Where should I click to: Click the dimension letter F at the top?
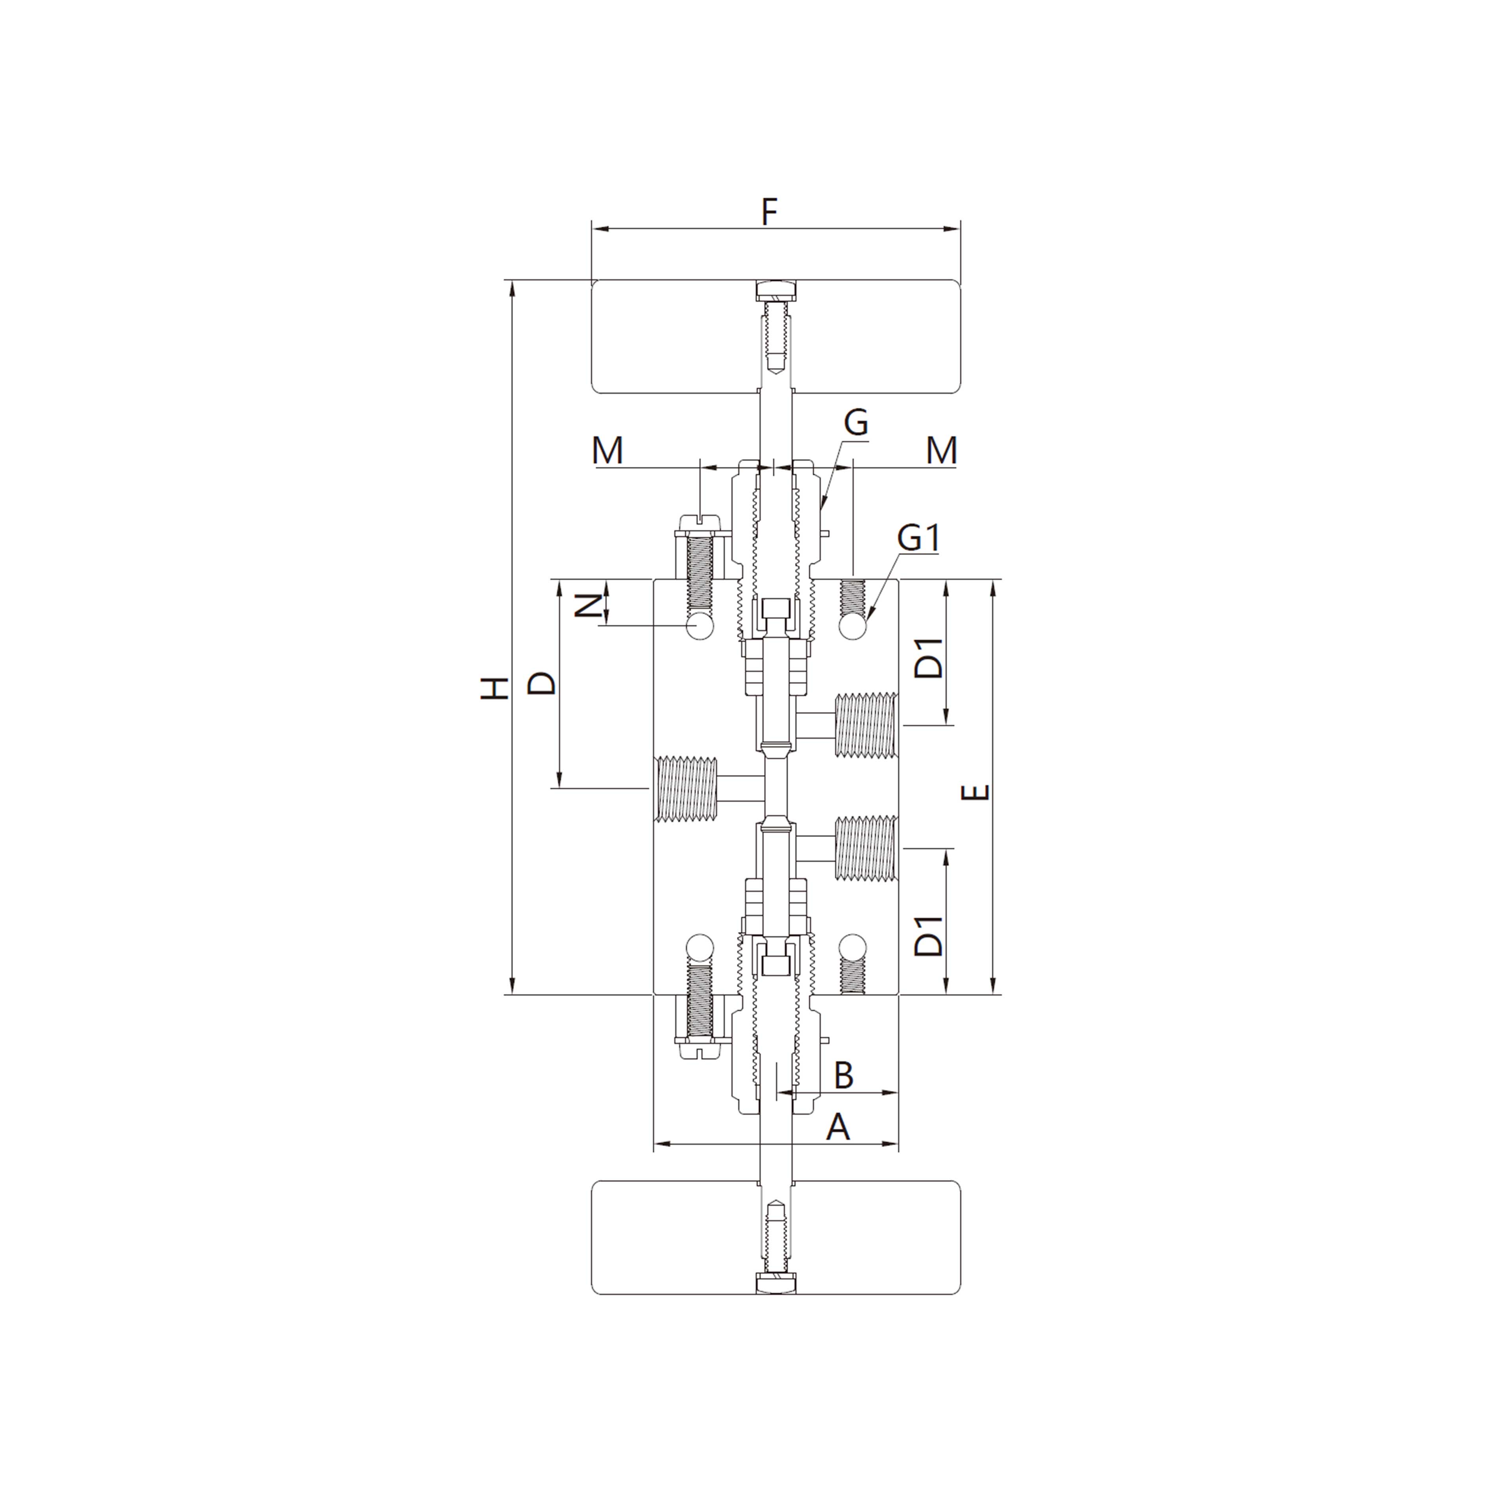pyautogui.click(x=768, y=212)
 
